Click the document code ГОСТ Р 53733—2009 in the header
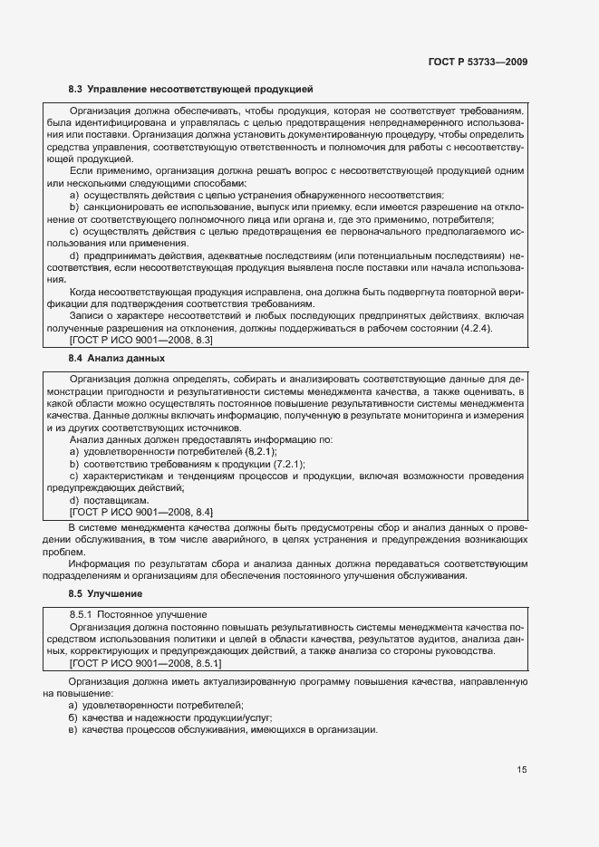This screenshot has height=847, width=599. click(478, 62)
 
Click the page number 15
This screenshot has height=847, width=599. click(522, 770)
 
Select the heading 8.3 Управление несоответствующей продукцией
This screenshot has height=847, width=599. click(190, 90)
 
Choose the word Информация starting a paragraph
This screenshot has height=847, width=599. click(99, 563)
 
